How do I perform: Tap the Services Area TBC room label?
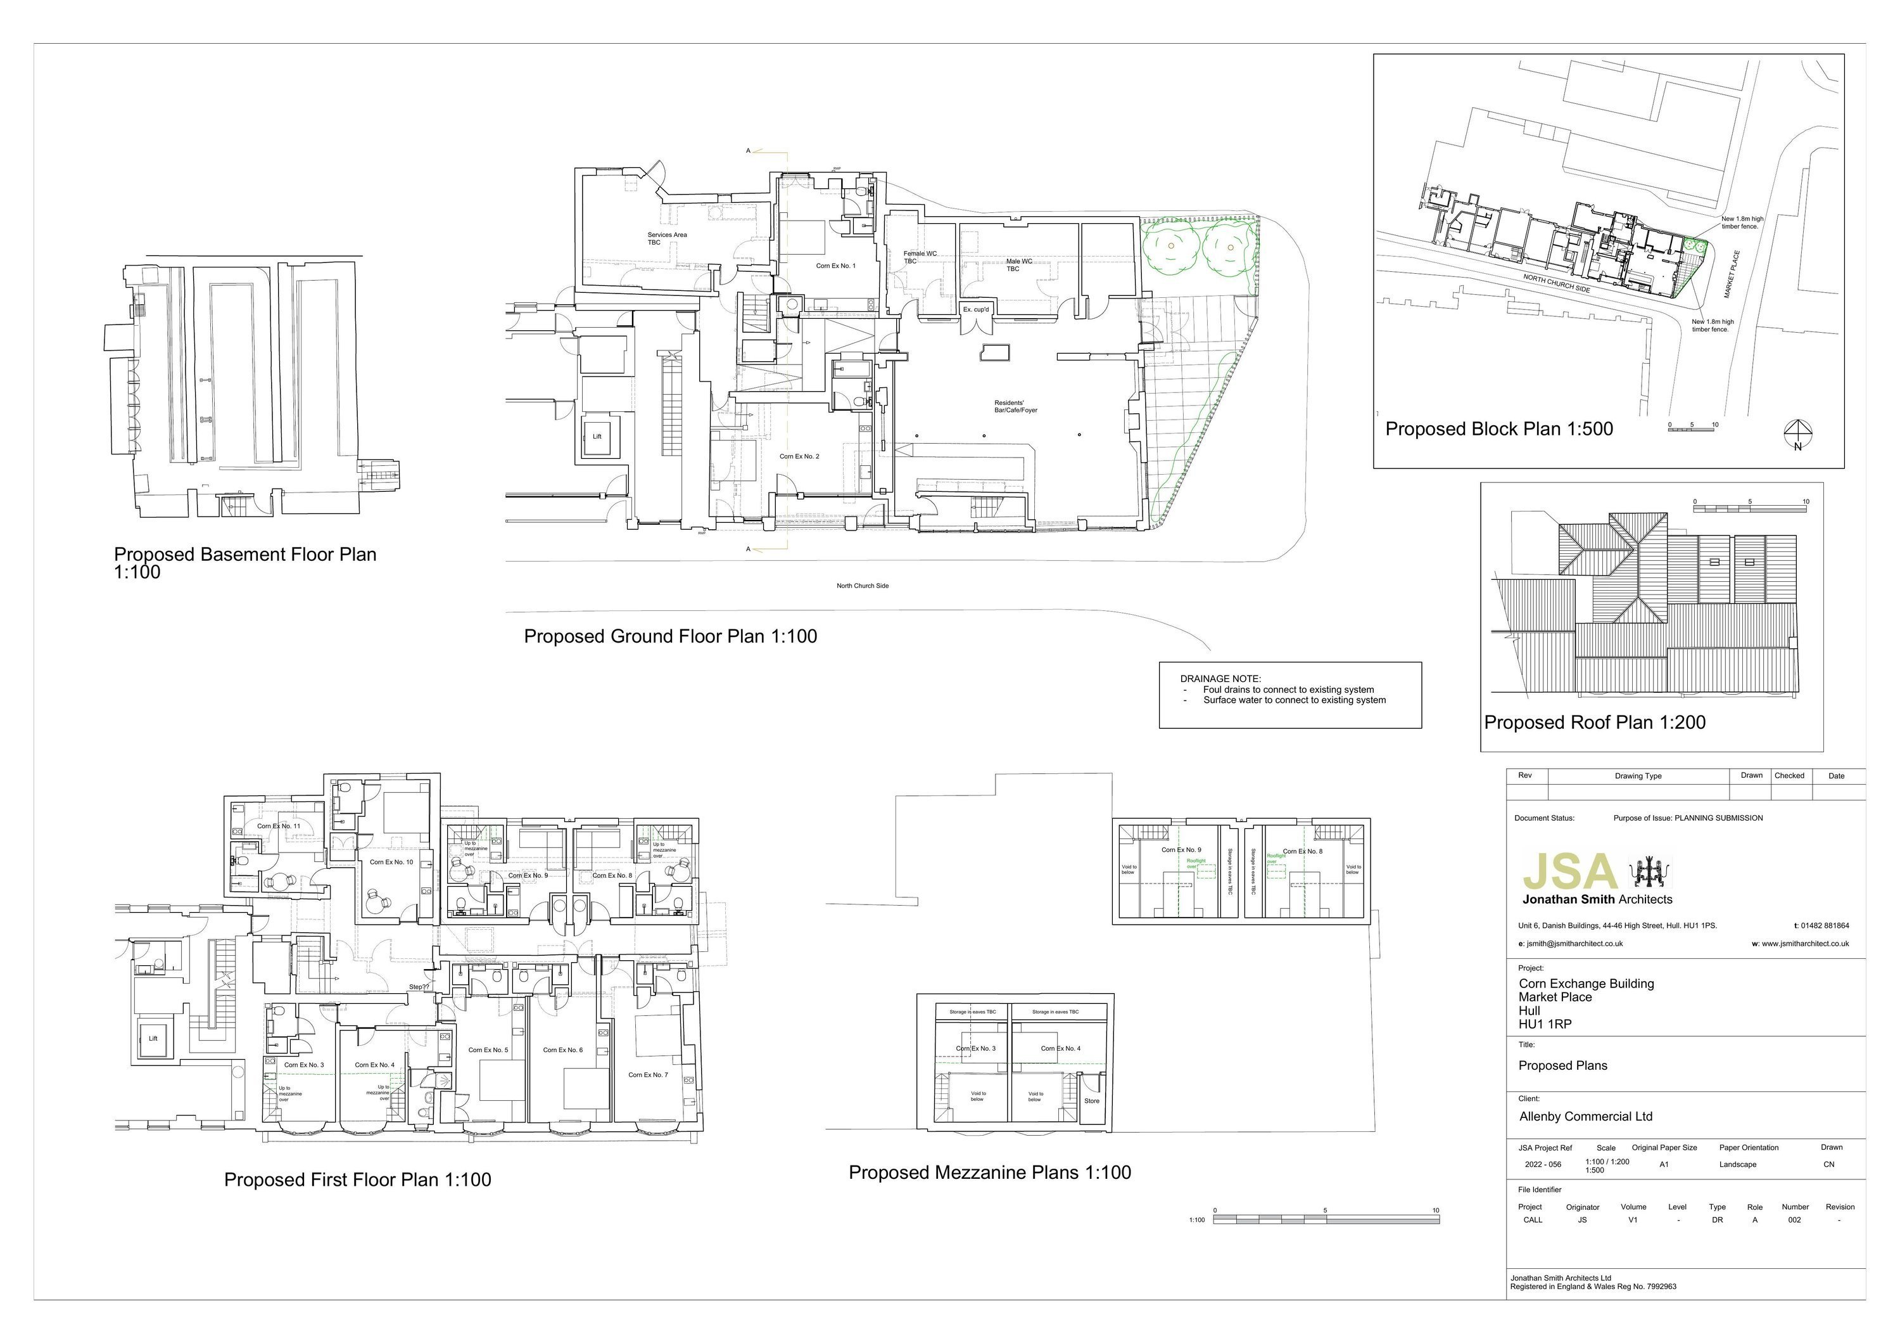(667, 238)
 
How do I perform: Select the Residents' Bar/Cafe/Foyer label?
(1015, 406)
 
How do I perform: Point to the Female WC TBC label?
(920, 257)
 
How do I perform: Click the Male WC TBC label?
(1018, 265)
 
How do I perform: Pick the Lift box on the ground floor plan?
(597, 436)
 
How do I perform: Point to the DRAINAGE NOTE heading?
(1220, 679)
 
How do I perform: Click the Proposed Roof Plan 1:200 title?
(1595, 722)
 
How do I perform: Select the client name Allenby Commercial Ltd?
(1585, 1116)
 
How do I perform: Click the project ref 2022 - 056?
(1543, 1164)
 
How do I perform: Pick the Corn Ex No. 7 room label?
(648, 1075)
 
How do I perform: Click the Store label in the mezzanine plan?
(1091, 1100)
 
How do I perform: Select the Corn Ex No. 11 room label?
(278, 825)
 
